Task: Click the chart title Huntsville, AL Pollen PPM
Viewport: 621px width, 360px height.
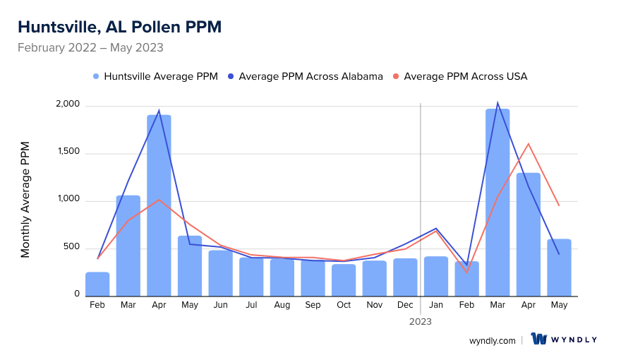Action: [x=119, y=27]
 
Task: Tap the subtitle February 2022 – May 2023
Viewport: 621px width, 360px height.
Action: [x=90, y=48]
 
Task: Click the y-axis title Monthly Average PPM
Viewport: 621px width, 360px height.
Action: [x=25, y=200]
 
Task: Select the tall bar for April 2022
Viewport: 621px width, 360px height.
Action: [x=159, y=205]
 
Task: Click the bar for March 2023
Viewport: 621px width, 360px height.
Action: [x=498, y=202]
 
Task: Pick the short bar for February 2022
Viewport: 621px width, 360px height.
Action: [x=97, y=284]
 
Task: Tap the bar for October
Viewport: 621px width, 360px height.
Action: [x=344, y=280]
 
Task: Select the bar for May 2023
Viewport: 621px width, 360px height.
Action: [x=559, y=267]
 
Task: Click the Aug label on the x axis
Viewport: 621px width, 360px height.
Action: [x=282, y=305]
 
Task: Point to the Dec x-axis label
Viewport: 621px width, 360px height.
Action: [x=405, y=305]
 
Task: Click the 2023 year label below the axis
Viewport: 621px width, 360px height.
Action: [x=421, y=321]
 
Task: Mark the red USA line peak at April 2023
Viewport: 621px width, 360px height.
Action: [x=529, y=144]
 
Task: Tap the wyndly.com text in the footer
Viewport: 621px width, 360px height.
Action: [x=493, y=340]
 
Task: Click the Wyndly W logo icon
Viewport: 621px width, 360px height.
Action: [x=539, y=340]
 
